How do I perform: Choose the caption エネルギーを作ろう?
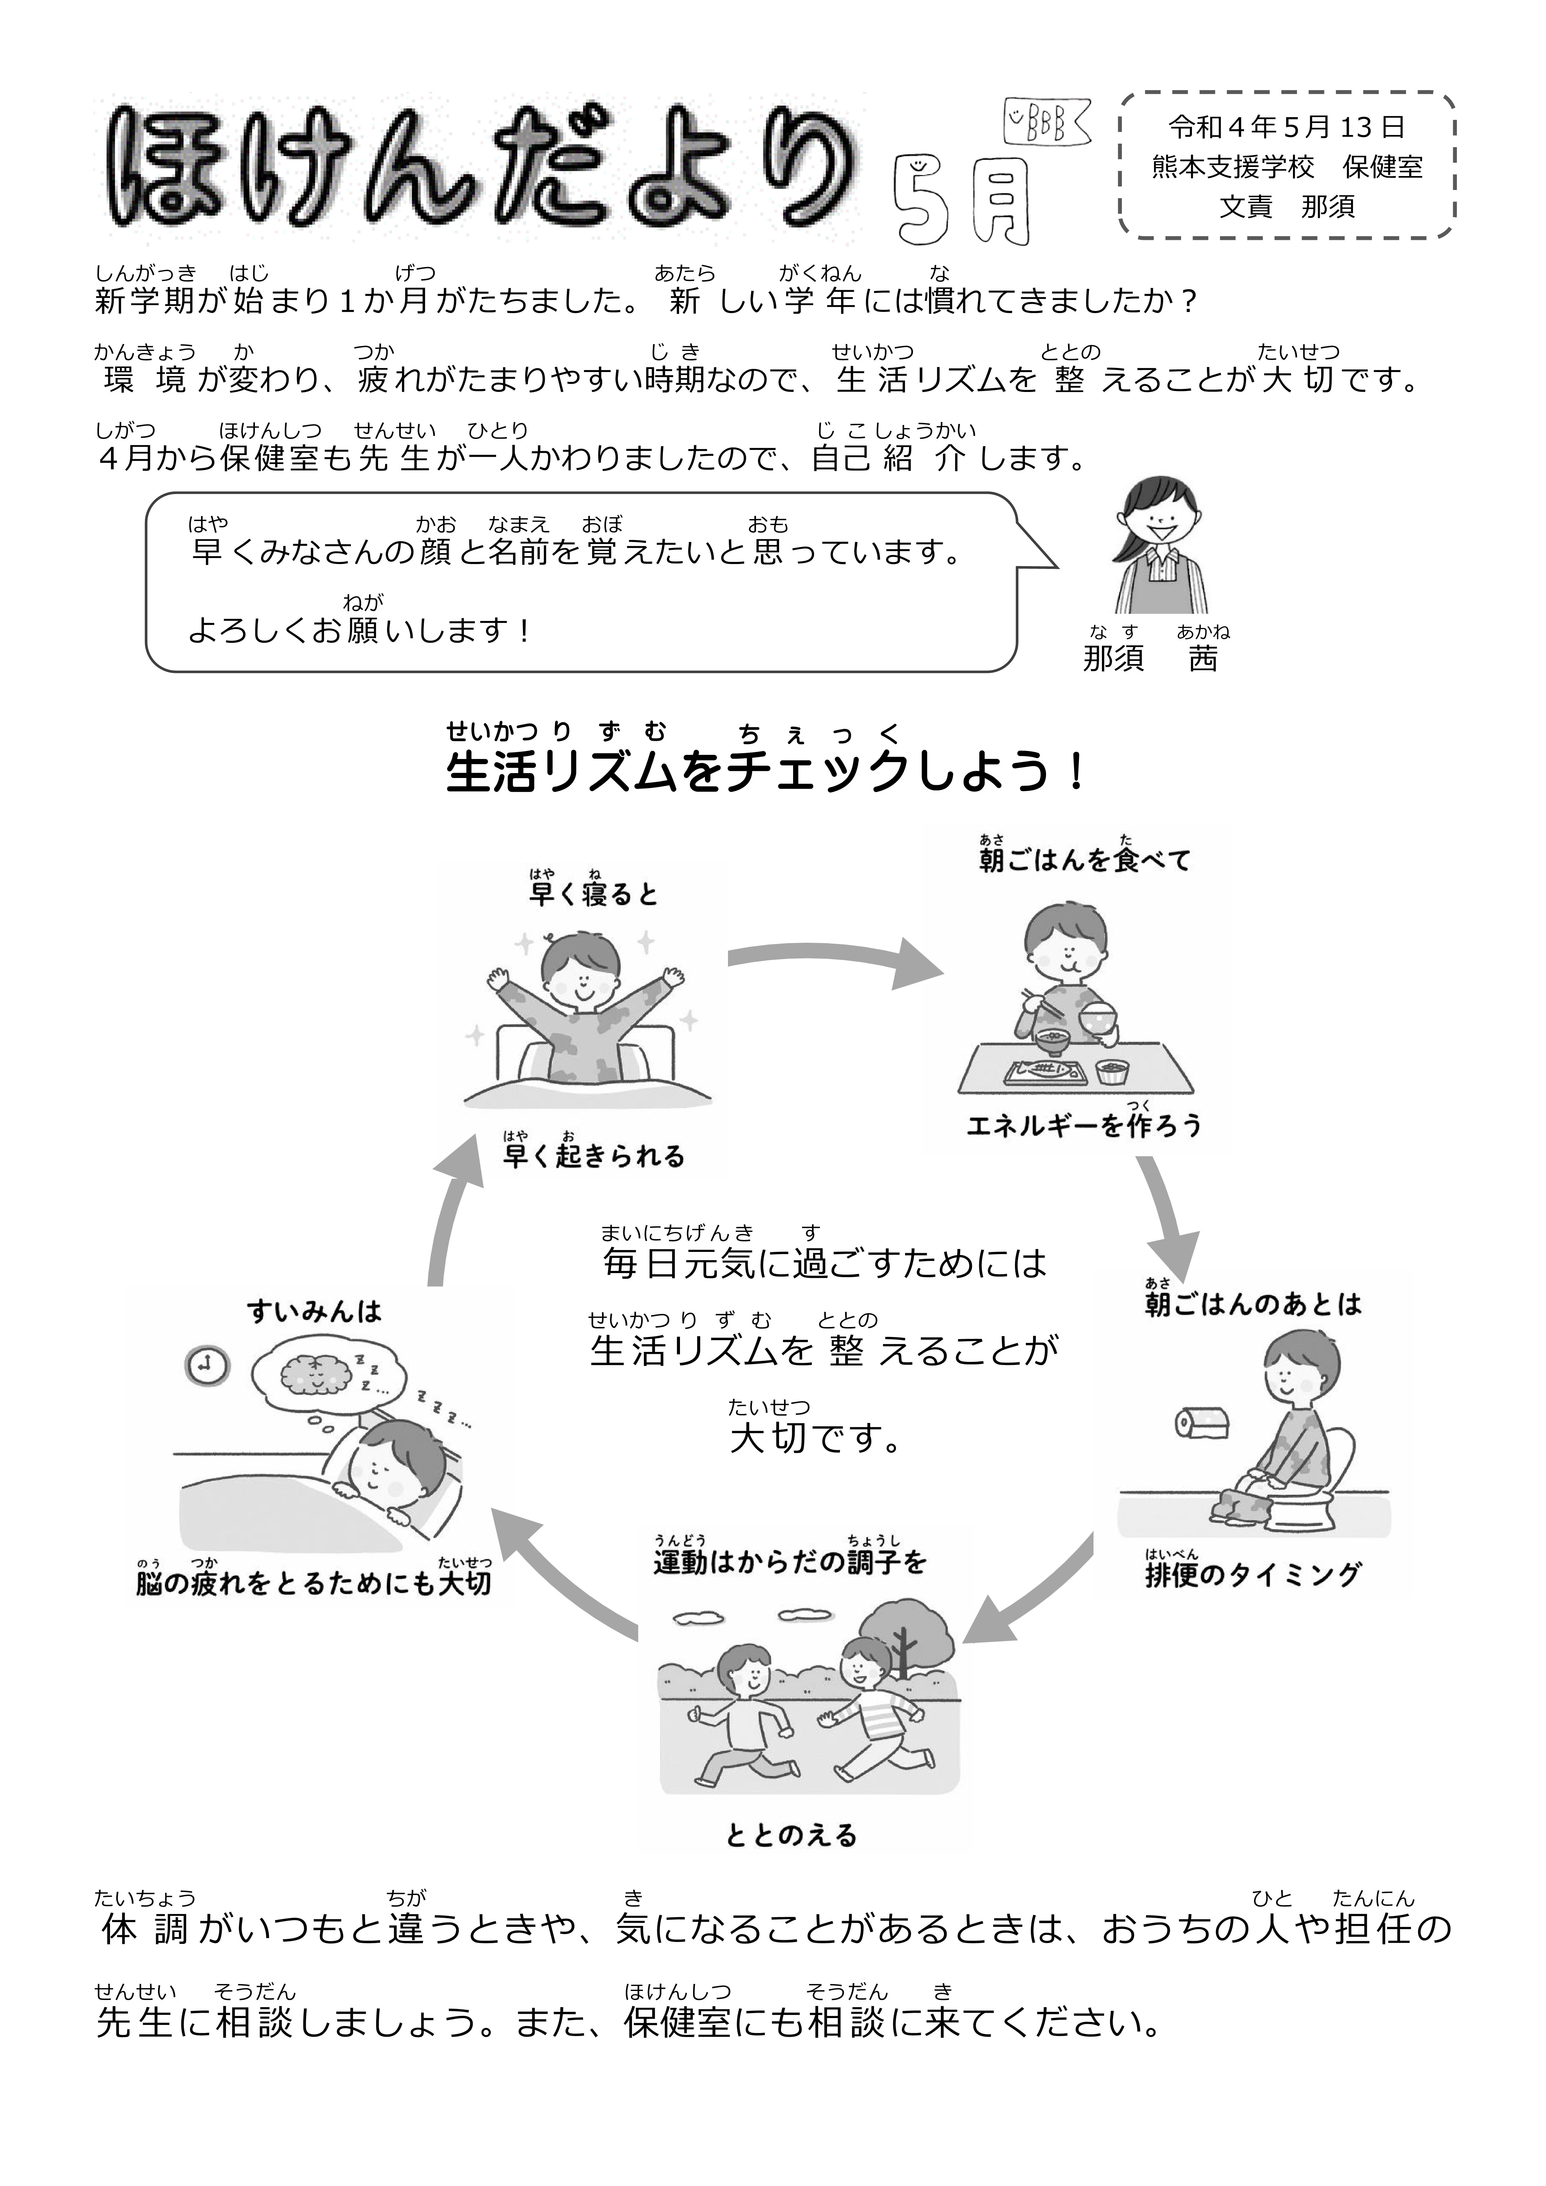pyautogui.click(x=1084, y=1126)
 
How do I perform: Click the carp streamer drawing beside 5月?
pyautogui.click(x=1045, y=122)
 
